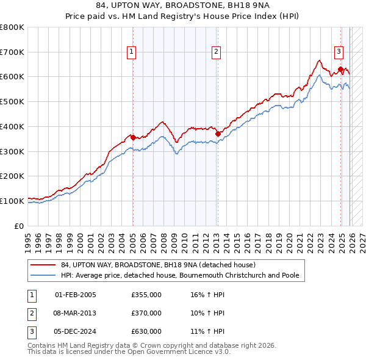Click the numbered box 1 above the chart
pos(132,52)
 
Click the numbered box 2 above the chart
pos(216,52)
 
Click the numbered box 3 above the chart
pos(339,52)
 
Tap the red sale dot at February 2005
pos(133,138)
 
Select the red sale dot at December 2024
pos(340,69)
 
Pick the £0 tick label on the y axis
pos(20,226)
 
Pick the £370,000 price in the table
pos(146,313)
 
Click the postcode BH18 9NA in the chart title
pos(239,5)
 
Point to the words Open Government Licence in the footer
pos(168,352)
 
